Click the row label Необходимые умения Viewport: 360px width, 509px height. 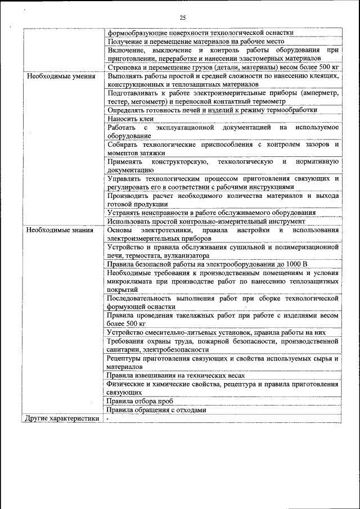coord(53,76)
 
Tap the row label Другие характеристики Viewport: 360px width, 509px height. coord(61,418)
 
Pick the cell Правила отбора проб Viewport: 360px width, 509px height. coord(139,402)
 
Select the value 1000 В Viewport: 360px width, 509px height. coord(293,264)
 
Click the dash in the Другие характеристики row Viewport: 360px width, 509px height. coord(107,419)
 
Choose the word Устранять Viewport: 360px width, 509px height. coord(124,213)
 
